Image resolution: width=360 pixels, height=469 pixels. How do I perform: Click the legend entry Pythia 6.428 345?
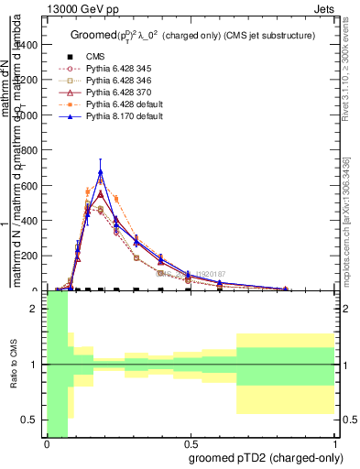pyautogui.click(x=108, y=69)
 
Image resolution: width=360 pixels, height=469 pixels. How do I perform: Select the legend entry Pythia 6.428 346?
pyautogui.click(x=108, y=81)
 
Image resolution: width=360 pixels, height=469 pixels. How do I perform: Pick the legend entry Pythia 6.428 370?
pyautogui.click(x=108, y=93)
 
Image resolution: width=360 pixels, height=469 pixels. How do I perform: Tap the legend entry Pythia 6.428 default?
pyautogui.click(x=112, y=104)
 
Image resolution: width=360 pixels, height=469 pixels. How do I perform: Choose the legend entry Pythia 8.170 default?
pyautogui.click(x=112, y=116)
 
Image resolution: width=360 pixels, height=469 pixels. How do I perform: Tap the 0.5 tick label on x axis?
pyautogui.click(x=191, y=443)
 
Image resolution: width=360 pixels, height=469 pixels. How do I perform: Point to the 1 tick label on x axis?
pyautogui.click(x=335, y=443)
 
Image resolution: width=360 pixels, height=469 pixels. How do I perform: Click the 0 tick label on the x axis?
pyautogui.click(x=46, y=443)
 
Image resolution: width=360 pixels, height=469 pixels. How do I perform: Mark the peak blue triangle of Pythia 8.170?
pyautogui.click(x=101, y=172)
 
